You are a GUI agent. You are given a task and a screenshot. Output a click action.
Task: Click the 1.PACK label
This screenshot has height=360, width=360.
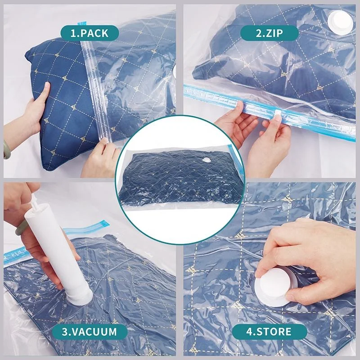[90, 32]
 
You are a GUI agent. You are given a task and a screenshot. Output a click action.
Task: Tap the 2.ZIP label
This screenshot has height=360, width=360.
[269, 32]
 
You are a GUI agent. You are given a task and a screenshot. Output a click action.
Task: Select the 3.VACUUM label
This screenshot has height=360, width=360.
[90, 332]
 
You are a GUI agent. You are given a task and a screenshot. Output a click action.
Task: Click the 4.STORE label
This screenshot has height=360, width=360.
[269, 332]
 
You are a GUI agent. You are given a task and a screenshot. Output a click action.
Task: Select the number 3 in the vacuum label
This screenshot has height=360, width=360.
[66, 332]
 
